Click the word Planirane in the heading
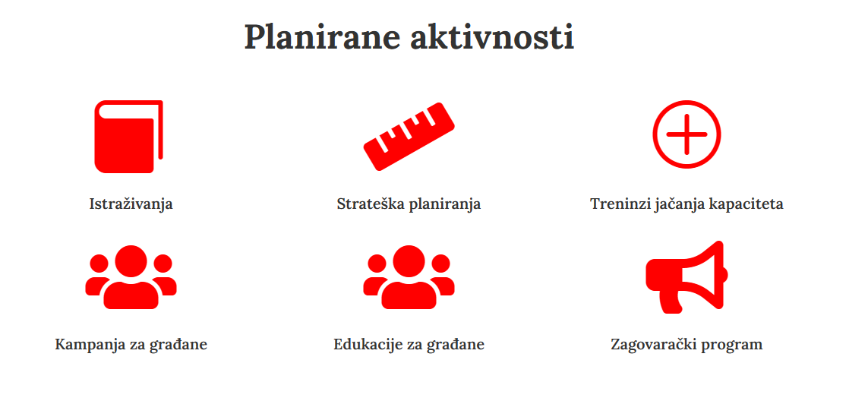323,38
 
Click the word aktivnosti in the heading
492,38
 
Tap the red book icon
129,137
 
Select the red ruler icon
409,136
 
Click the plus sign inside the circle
687,134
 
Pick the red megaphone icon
687,277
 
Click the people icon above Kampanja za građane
131,277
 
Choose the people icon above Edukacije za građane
409,277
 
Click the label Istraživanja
131,204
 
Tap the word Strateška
371,204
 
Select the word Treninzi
614,204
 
